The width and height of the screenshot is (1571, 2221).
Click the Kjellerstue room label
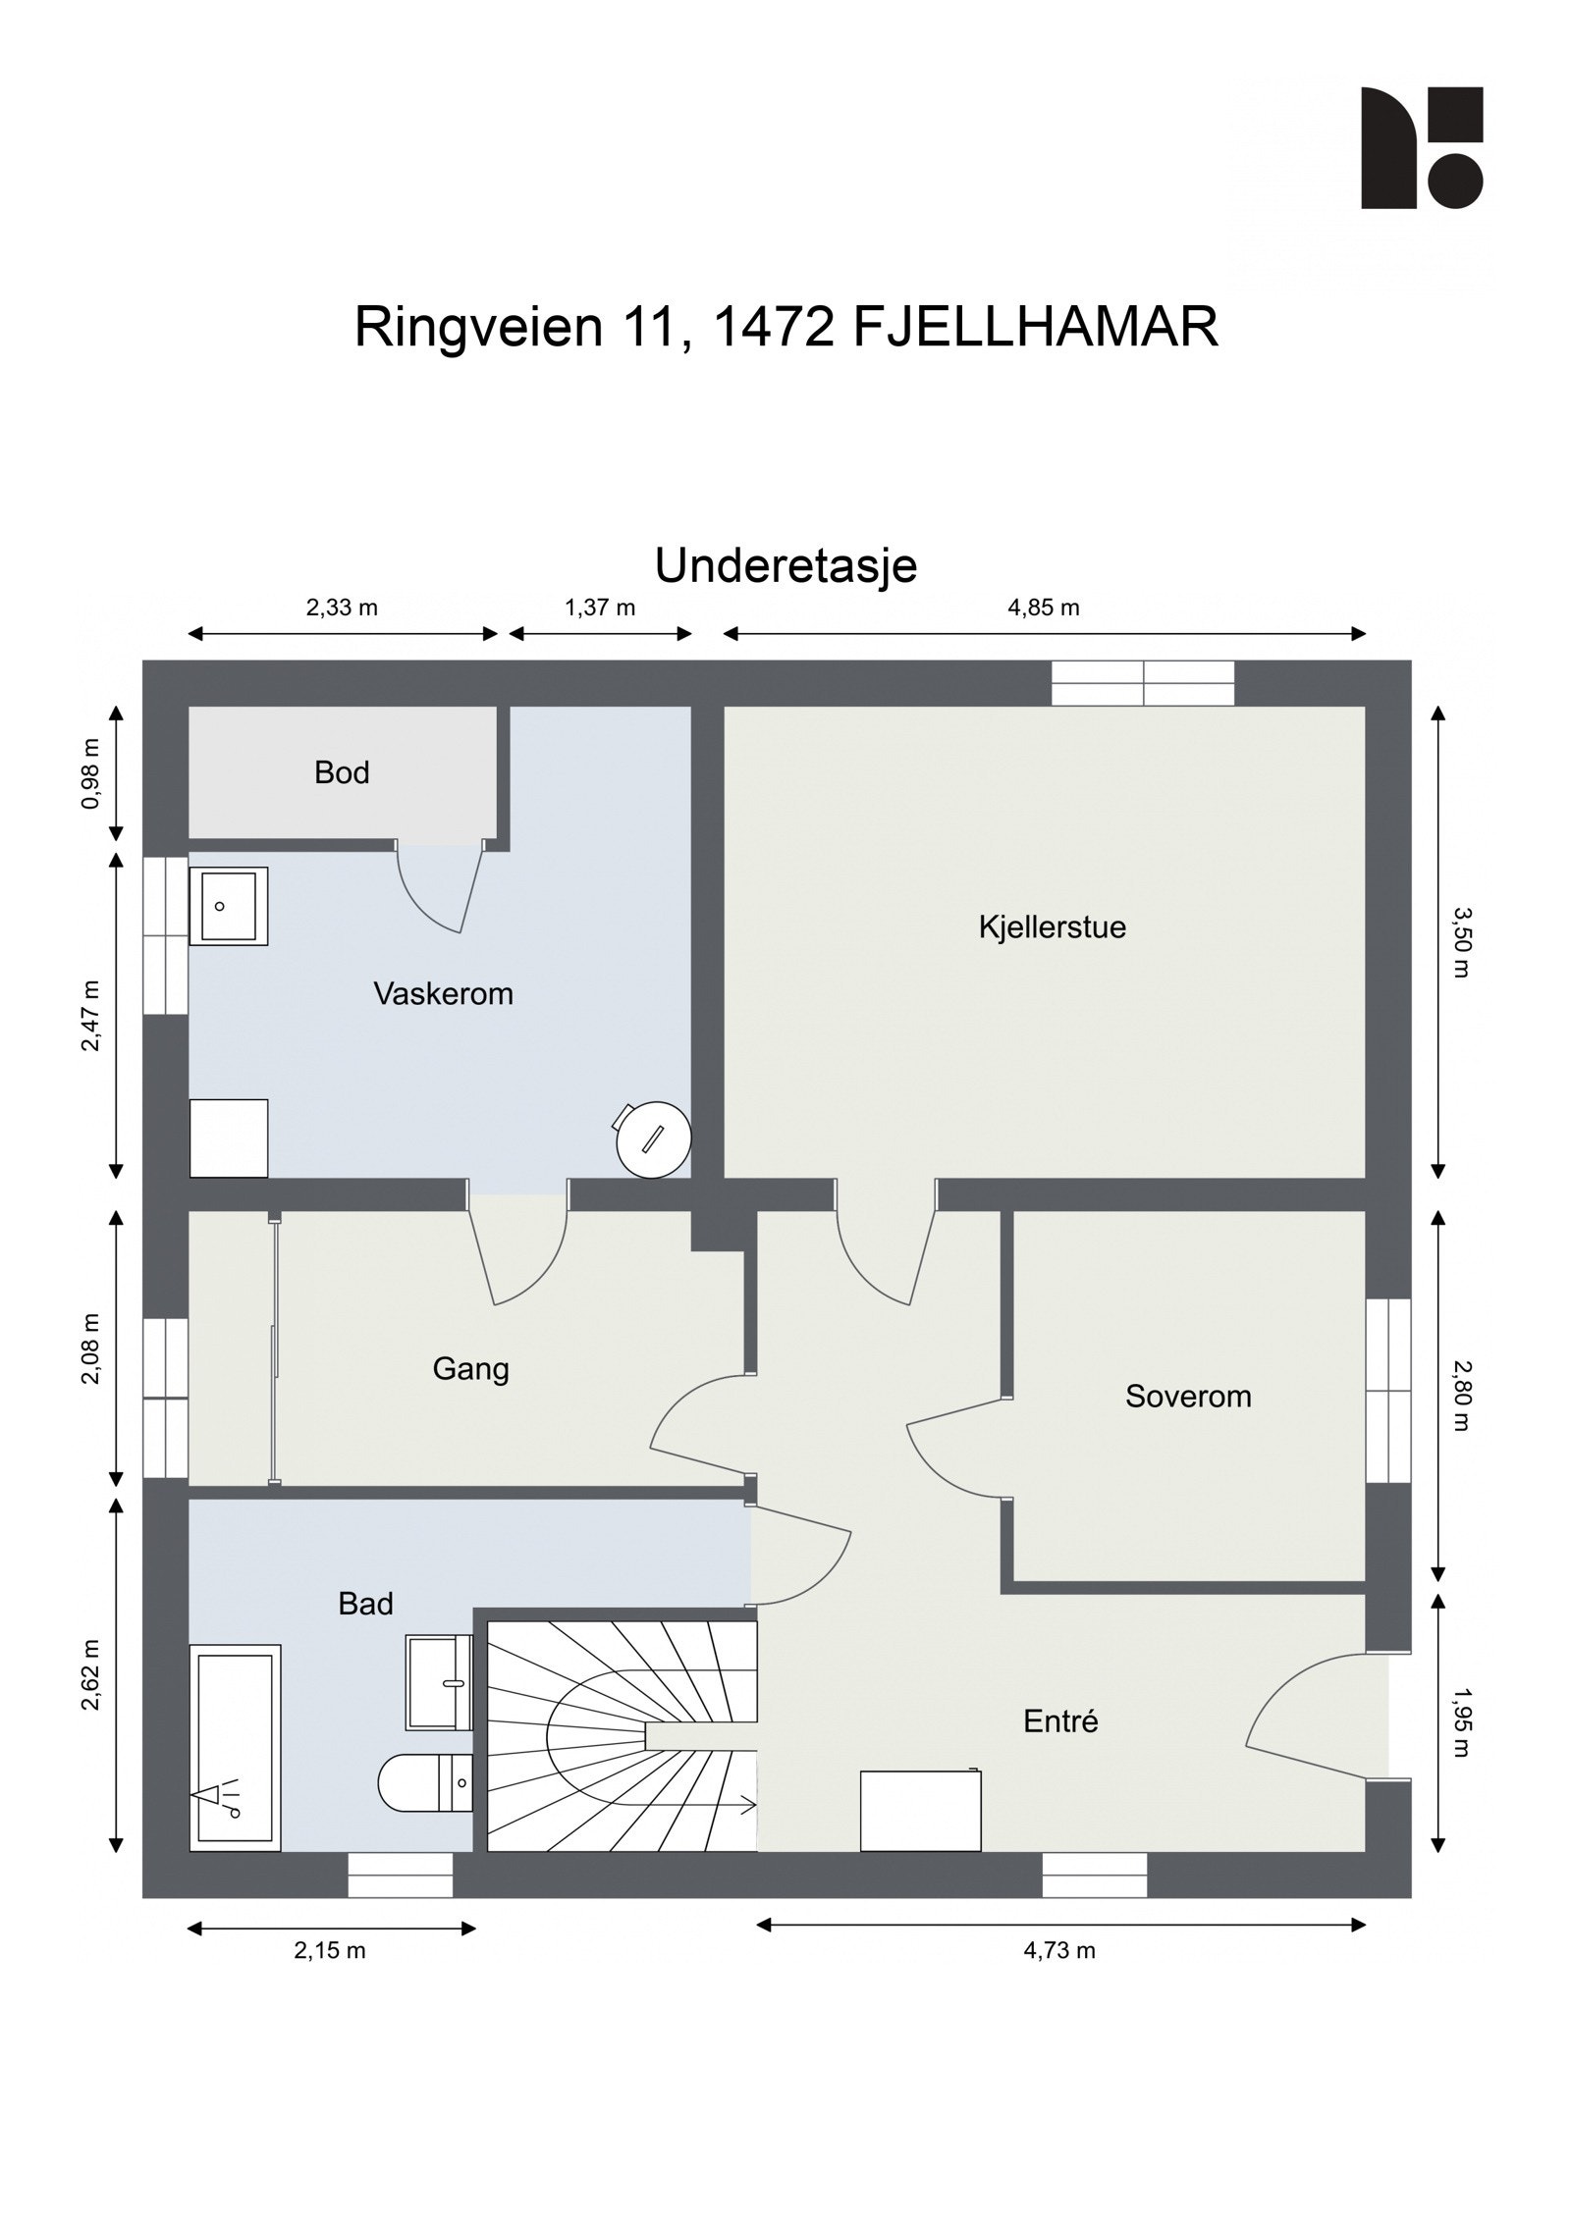[x=1052, y=926]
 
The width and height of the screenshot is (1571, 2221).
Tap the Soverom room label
[x=1188, y=1396]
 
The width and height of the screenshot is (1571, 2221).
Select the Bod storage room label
[x=342, y=772]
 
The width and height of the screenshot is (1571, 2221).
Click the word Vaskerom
[x=443, y=993]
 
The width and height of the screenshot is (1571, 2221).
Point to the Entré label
[x=1060, y=1720]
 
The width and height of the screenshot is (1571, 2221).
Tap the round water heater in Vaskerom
[x=653, y=1138]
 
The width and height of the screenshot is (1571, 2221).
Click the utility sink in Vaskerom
[x=228, y=905]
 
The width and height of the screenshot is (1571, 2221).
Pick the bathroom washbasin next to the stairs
[x=439, y=1682]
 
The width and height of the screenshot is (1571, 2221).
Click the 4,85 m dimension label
[x=1043, y=608]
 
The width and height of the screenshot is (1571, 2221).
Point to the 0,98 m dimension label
[x=91, y=772]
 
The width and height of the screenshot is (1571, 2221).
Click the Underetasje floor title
[x=785, y=566]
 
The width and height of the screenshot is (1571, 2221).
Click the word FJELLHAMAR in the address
[x=1035, y=327]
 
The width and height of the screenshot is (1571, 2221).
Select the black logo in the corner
[x=1421, y=147]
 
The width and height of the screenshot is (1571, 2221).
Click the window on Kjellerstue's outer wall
[x=1142, y=683]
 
